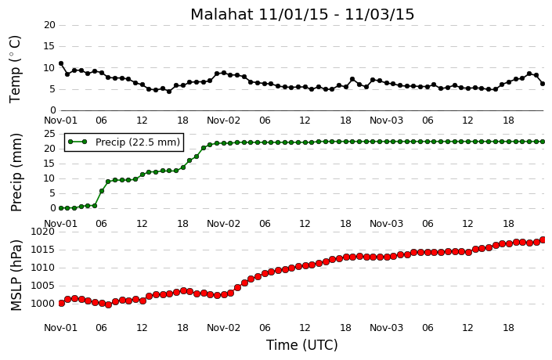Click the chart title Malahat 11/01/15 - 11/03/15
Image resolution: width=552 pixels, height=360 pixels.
click(x=302, y=14)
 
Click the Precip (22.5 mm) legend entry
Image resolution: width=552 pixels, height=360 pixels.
click(x=124, y=142)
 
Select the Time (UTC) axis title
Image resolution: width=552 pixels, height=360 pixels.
click(x=302, y=345)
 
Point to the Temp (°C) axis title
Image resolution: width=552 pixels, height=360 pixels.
click(x=15, y=70)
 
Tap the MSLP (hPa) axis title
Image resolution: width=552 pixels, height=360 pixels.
click(x=16, y=275)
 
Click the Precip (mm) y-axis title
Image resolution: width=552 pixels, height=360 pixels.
click(x=16, y=172)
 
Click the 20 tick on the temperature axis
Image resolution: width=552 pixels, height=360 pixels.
click(x=49, y=25)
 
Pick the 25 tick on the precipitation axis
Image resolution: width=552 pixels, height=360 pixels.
click(x=49, y=134)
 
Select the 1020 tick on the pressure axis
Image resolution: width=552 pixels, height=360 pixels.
click(x=43, y=232)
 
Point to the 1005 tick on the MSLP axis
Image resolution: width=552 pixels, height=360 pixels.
click(x=43, y=286)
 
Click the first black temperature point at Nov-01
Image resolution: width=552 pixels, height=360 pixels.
click(x=61, y=63)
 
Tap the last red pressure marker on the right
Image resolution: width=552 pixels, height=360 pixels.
click(x=543, y=239)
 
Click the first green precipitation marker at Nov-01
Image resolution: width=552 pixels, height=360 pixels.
click(x=61, y=208)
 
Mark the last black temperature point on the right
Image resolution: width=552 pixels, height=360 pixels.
click(x=543, y=84)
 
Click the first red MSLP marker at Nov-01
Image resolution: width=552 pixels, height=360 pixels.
click(x=61, y=304)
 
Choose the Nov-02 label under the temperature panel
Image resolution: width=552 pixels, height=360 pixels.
click(x=224, y=121)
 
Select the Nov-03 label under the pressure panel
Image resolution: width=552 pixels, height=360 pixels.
click(x=386, y=328)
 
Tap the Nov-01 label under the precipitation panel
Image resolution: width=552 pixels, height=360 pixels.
click(x=60, y=224)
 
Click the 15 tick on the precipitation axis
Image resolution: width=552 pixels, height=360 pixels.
click(x=49, y=164)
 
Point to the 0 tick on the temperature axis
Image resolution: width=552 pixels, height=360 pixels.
click(x=52, y=110)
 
